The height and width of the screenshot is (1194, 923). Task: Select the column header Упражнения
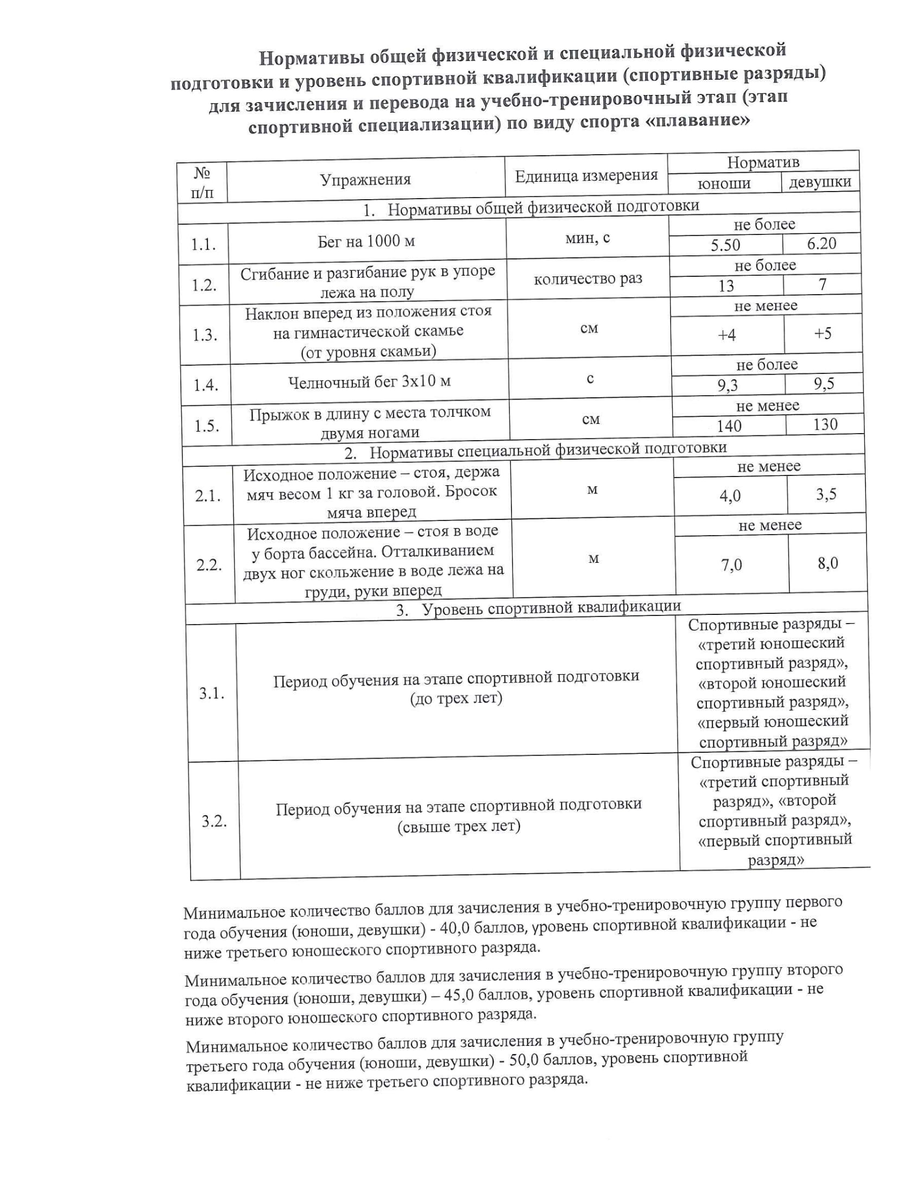365,179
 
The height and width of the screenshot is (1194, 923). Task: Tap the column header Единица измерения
586,175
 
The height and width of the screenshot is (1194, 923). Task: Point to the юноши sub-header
724,183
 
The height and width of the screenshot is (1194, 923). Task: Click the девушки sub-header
820,182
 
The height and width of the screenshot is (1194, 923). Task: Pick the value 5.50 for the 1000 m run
725,245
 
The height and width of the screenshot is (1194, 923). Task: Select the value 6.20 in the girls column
822,243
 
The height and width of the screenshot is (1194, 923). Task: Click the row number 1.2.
204,285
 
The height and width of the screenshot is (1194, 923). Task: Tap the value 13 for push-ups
726,285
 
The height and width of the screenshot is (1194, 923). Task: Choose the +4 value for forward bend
726,334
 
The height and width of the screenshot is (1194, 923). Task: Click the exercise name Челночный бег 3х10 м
370,382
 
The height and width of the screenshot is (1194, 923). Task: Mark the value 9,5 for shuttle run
824,384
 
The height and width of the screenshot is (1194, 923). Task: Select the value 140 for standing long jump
729,426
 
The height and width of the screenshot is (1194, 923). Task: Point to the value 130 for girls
825,424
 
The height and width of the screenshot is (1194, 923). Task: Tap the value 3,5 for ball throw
826,494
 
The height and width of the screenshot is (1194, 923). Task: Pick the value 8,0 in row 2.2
828,563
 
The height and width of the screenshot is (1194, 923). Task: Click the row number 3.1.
212,694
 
